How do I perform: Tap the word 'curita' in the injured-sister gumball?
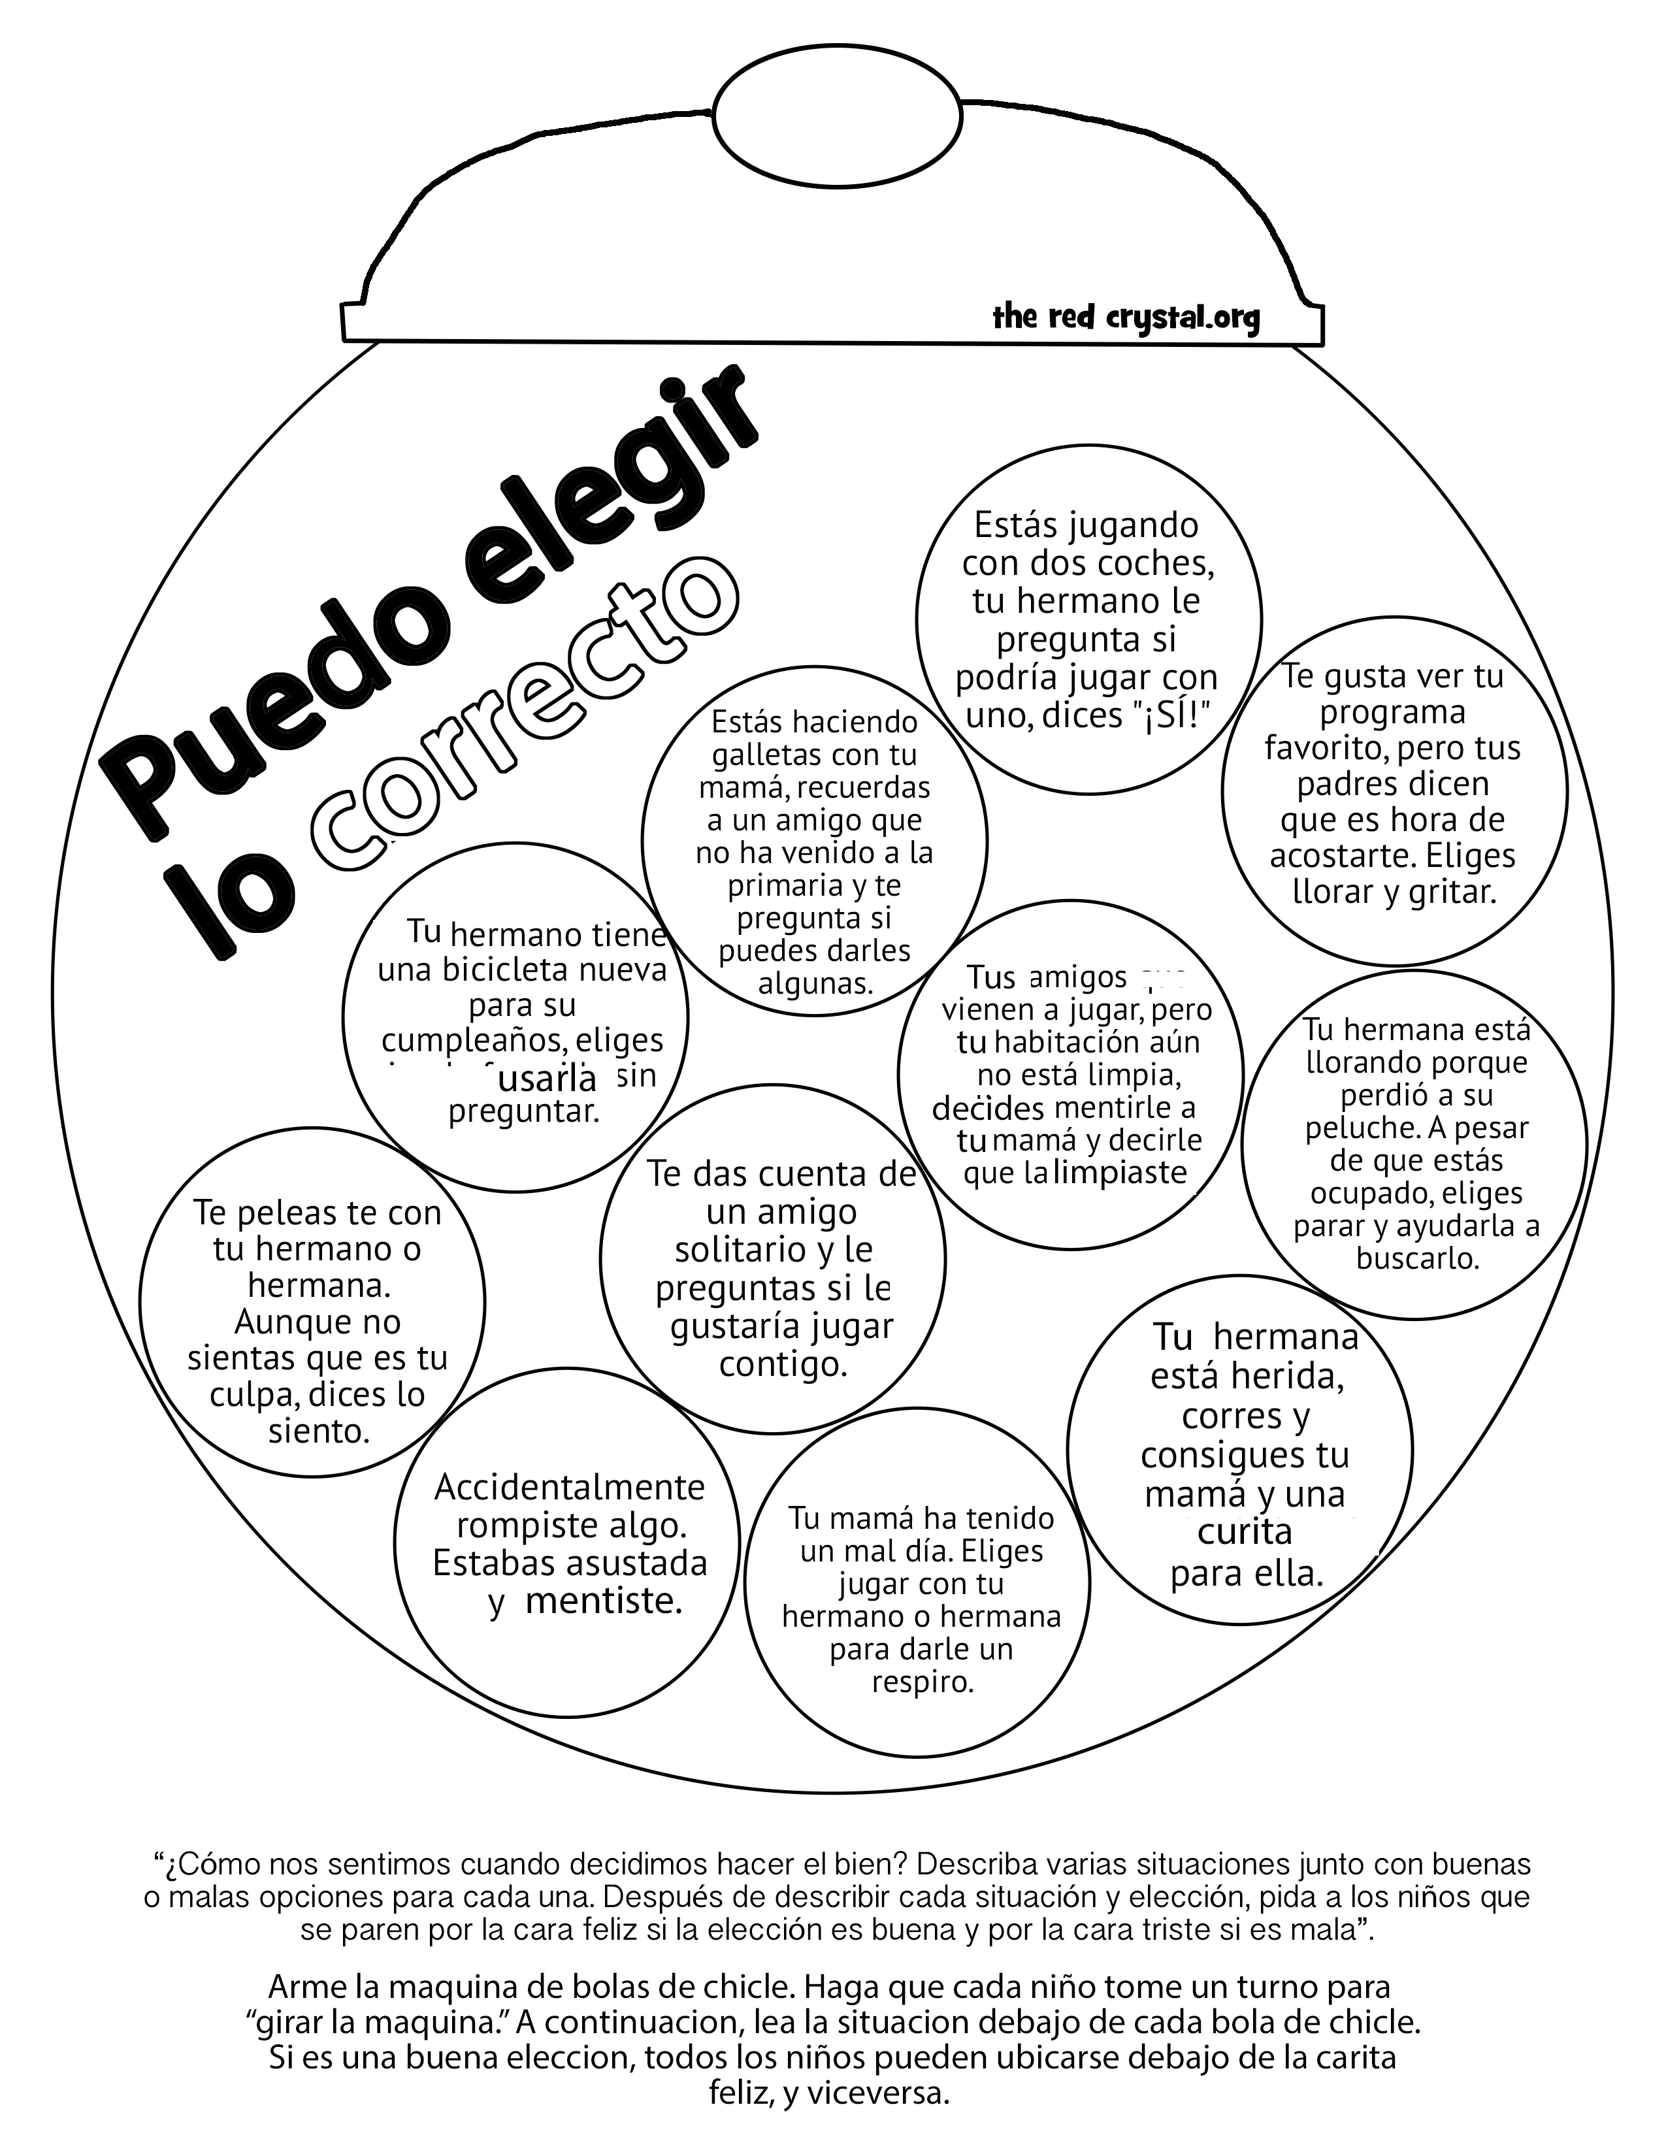coord(1243,1531)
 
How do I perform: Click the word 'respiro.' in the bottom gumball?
coord(923,1681)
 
